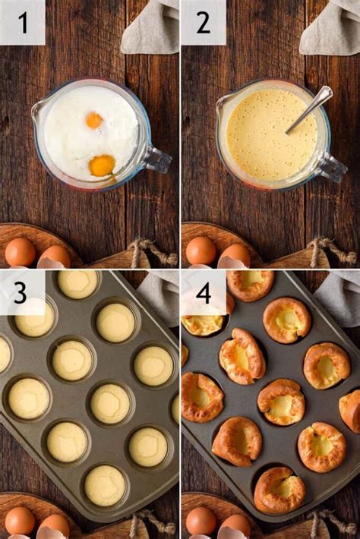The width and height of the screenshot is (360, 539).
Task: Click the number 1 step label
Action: click(x=22, y=22)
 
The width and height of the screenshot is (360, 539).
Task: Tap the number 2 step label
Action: click(x=203, y=22)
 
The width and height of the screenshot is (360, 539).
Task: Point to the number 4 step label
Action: click(x=203, y=292)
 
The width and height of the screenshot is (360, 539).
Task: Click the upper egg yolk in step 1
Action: click(x=94, y=120)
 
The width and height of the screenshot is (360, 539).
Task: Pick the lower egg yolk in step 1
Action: click(x=102, y=165)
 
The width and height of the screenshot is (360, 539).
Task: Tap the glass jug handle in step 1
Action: click(x=157, y=159)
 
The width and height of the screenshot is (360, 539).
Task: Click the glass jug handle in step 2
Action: click(x=333, y=166)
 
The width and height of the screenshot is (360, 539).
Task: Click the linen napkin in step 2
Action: click(x=330, y=27)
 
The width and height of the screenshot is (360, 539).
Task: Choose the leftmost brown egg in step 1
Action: click(x=20, y=252)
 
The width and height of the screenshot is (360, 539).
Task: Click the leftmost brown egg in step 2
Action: click(x=201, y=251)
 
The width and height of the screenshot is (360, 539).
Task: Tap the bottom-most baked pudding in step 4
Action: click(x=279, y=490)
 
